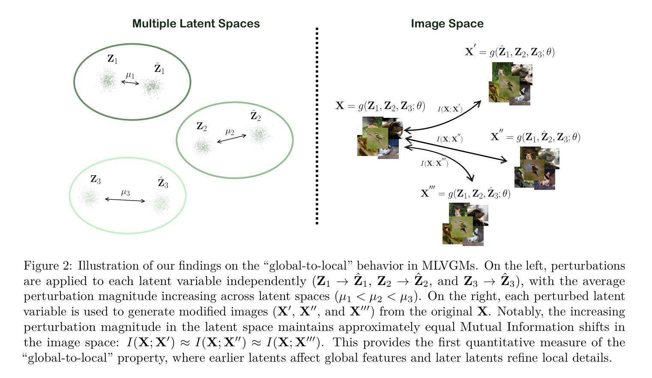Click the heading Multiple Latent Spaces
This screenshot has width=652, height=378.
point(196,24)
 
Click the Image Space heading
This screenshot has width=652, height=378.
point(447,24)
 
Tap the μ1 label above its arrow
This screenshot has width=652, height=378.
point(130,76)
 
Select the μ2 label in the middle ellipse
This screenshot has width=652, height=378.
point(230,132)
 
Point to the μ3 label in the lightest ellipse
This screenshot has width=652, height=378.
point(125,192)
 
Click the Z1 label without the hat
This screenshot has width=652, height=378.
point(112,59)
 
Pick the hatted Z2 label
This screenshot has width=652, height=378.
point(255,116)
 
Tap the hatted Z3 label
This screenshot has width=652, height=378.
point(163,183)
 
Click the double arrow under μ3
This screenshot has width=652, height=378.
point(125,200)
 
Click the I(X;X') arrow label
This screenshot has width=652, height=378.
point(450,109)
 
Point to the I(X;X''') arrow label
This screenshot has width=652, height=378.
point(434,163)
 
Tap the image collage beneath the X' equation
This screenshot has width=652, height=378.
point(510,84)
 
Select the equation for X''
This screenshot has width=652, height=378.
point(535,137)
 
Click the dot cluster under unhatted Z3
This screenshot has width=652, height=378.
point(90,197)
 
